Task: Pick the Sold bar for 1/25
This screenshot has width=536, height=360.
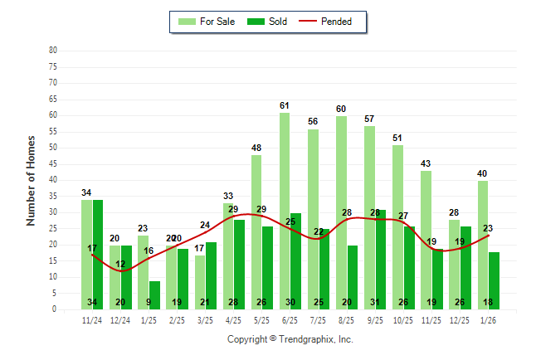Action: pyautogui.click(x=155, y=294)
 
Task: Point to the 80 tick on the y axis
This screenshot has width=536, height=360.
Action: pyautogui.click(x=53, y=51)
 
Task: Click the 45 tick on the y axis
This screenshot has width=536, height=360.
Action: pyautogui.click(x=53, y=163)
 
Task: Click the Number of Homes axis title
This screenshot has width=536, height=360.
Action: pyautogui.click(x=31, y=180)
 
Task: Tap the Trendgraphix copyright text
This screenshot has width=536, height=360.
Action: pyautogui.click(x=290, y=339)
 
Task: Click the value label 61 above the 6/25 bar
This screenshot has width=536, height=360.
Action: pyautogui.click(x=285, y=105)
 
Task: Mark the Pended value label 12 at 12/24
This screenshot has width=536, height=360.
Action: pyautogui.click(x=120, y=264)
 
